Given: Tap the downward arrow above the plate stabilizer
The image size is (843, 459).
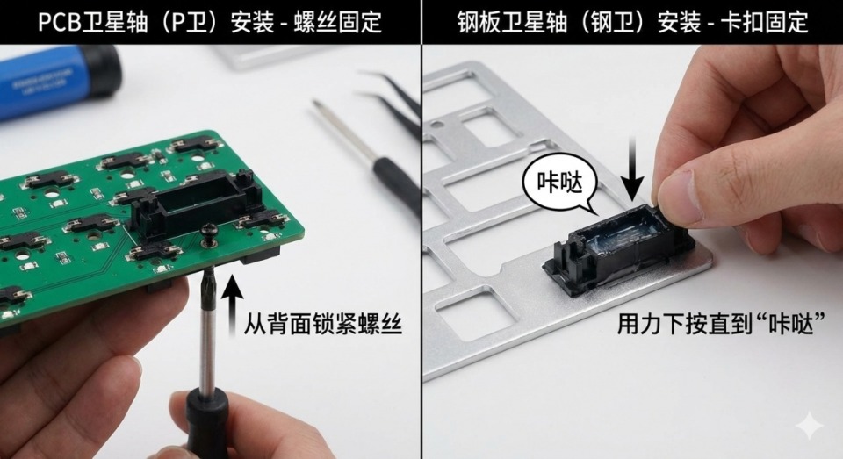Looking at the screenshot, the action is (634, 169).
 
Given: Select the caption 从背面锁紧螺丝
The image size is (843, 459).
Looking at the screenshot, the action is (322, 324).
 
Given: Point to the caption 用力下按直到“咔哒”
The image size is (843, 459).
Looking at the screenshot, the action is (721, 324).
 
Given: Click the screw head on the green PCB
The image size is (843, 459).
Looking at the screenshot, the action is (208, 231).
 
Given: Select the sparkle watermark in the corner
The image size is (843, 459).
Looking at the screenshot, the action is (809, 427).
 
